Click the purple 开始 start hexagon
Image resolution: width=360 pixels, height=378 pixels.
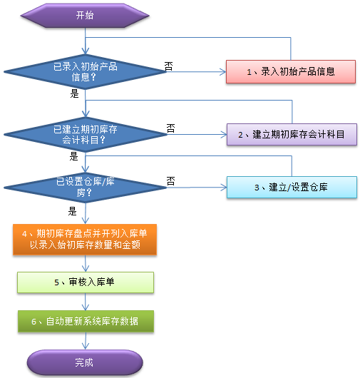pyautogui.click(x=85, y=16)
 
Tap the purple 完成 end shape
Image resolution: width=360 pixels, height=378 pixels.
pyautogui.click(x=85, y=362)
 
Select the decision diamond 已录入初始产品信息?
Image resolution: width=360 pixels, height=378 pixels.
pyautogui.click(x=85, y=72)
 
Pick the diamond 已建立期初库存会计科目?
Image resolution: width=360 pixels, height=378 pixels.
pyautogui.click(x=86, y=135)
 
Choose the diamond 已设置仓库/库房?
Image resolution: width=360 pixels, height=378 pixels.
pyautogui.click(x=85, y=188)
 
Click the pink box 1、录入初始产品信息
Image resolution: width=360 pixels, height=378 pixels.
pyautogui.click(x=291, y=71)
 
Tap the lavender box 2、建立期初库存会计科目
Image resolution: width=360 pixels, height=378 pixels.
pyautogui.click(x=292, y=134)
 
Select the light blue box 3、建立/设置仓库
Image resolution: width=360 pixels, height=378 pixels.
pyautogui.click(x=292, y=188)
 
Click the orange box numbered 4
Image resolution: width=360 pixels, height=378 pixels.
pyautogui.click(x=85, y=240)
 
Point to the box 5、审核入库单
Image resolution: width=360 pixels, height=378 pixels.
pyautogui.click(x=86, y=282)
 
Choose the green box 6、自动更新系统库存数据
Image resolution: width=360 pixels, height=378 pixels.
pyautogui.click(x=86, y=321)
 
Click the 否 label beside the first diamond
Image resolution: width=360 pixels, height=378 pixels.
pyautogui.click(x=169, y=66)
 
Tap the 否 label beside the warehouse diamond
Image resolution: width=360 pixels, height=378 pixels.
pyautogui.click(x=170, y=181)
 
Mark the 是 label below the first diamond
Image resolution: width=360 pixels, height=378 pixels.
pyautogui.click(x=74, y=93)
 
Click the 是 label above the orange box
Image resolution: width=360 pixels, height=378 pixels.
pyautogui.click(x=72, y=211)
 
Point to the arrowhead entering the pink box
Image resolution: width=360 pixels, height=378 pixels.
pyautogui.click(x=223, y=72)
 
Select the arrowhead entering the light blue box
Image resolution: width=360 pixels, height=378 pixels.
pyautogui.click(x=224, y=188)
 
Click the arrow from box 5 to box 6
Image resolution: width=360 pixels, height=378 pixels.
pyautogui.click(x=86, y=302)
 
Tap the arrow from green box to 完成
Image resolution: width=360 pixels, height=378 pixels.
pyautogui.click(x=86, y=341)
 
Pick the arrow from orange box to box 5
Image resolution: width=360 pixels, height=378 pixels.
pyautogui.click(x=86, y=263)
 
